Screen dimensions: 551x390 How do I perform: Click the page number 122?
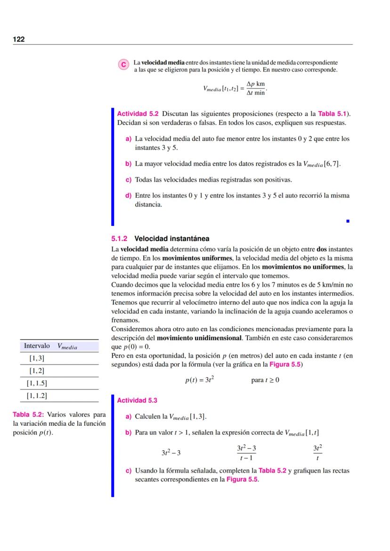pyautogui.click(x=19, y=39)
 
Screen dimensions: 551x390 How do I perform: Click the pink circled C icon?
pyautogui.click(x=123, y=65)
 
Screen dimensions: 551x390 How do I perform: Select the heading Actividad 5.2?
pyautogui.click(x=138, y=114)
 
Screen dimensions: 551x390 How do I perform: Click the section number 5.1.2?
pyautogui.click(x=120, y=239)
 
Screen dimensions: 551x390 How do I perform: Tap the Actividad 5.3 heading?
pyautogui.click(x=137, y=400)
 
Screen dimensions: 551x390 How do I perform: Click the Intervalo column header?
pyautogui.click(x=37, y=346)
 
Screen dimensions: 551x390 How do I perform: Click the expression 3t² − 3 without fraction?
pyautogui.click(x=171, y=453)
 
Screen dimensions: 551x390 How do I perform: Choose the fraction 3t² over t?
pyautogui.click(x=317, y=453)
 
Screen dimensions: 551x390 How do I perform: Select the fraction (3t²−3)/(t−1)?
pyautogui.click(x=246, y=453)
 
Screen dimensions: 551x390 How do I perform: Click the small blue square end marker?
pyautogui.click(x=348, y=220)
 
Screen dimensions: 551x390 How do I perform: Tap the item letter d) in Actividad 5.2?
pyautogui.click(x=128, y=195)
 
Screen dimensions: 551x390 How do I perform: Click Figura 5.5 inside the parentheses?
pyautogui.click(x=289, y=364)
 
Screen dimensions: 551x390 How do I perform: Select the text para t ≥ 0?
pyautogui.click(x=265, y=380)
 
